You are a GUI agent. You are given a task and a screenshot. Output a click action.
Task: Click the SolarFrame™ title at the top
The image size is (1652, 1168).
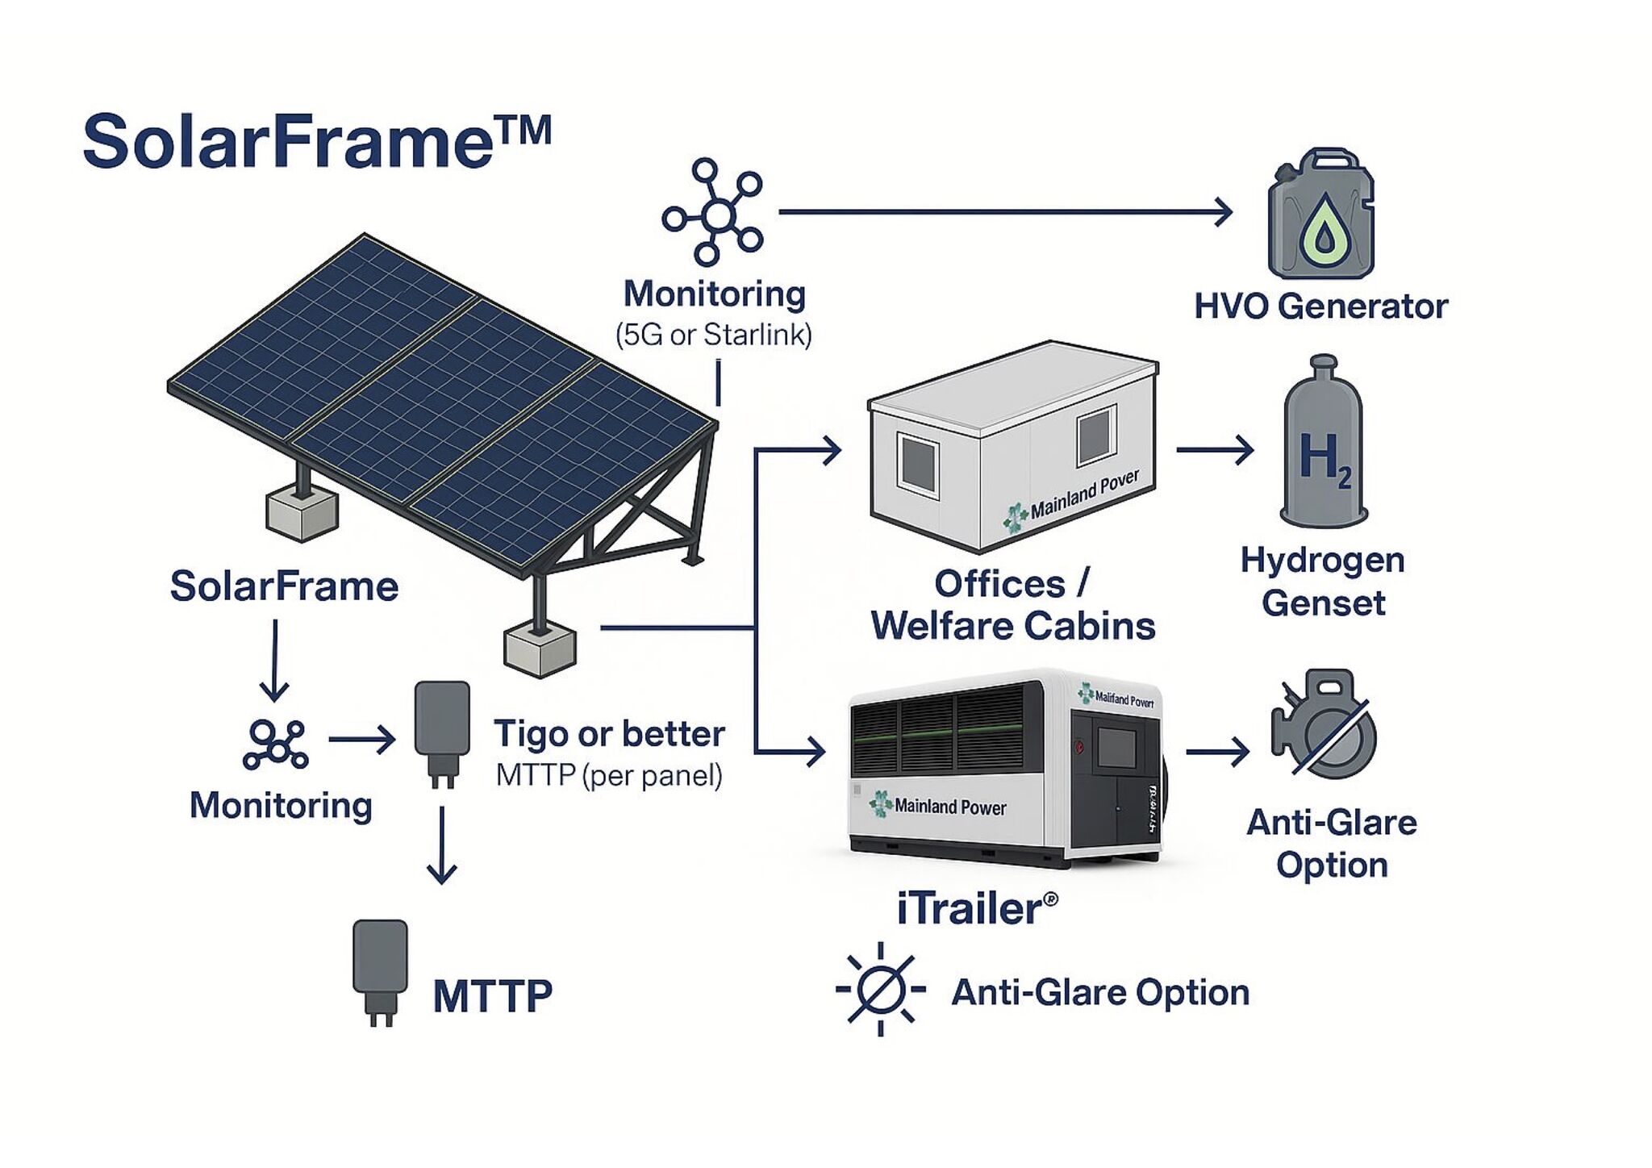pyautogui.click(x=316, y=141)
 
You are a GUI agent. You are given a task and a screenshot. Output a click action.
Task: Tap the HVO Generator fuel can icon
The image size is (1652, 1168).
pyautogui.click(x=1321, y=215)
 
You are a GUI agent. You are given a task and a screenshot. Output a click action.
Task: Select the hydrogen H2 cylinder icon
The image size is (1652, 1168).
pyautogui.click(x=1324, y=442)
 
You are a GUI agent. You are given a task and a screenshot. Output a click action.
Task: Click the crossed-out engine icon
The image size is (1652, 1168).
pyautogui.click(x=1323, y=724)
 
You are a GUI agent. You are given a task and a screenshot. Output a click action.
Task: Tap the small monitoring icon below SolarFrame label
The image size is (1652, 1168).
pyautogui.click(x=275, y=744)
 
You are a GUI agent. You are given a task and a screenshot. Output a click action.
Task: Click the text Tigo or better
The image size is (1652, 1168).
pyautogui.click(x=609, y=734)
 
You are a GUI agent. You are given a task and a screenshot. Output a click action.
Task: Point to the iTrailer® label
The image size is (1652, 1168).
pyautogui.click(x=977, y=909)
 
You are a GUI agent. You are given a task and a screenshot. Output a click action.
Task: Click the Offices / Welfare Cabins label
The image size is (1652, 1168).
pyautogui.click(x=1012, y=605)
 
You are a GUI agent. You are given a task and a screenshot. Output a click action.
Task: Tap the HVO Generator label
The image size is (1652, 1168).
pyautogui.click(x=1320, y=307)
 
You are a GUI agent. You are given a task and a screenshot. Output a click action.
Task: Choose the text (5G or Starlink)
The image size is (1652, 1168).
pyautogui.click(x=714, y=335)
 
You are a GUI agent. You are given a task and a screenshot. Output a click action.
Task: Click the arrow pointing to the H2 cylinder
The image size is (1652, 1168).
pyautogui.click(x=1215, y=449)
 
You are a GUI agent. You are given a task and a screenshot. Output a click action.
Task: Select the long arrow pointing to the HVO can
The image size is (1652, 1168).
pyautogui.click(x=1004, y=212)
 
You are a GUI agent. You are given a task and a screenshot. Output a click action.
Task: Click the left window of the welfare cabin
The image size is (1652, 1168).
pyautogui.click(x=918, y=462)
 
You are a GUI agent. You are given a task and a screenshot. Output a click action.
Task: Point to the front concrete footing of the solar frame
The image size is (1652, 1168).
pyautogui.click(x=540, y=650)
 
